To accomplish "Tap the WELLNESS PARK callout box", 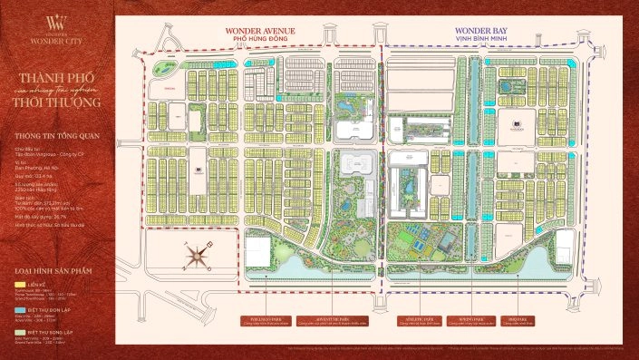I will point(263,320).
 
